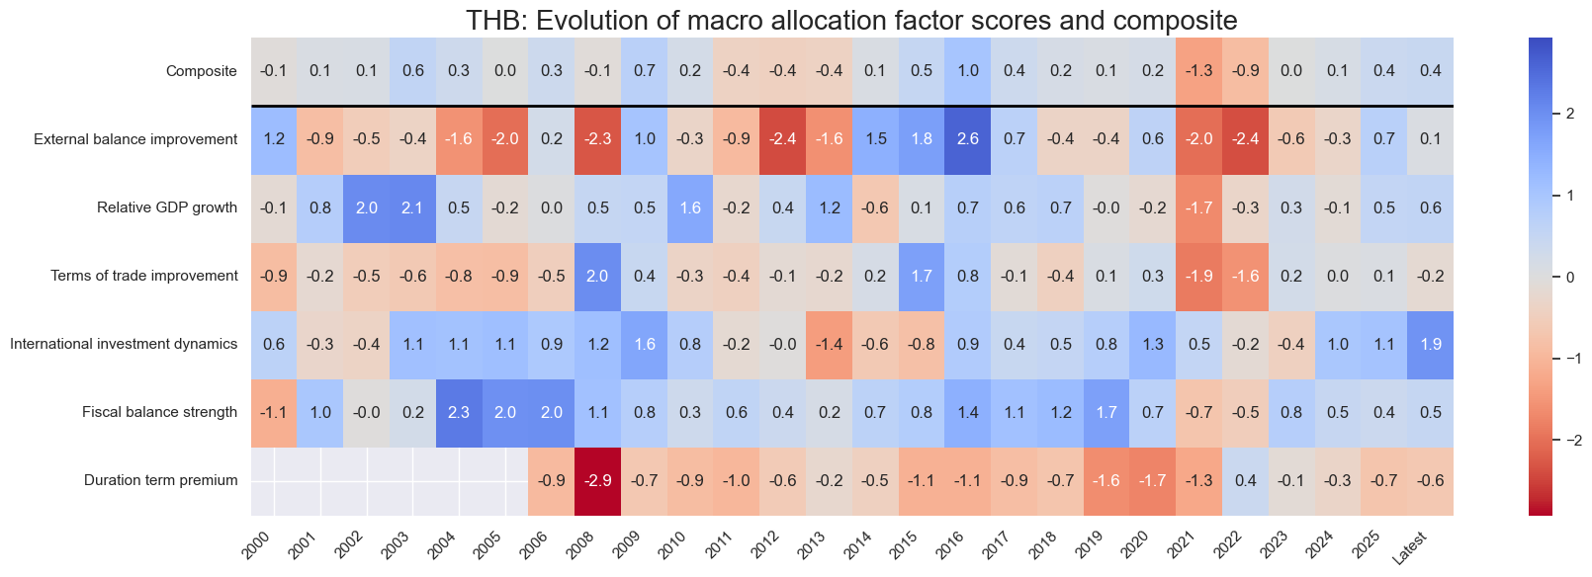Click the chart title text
pos(851,20)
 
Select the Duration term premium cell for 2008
pos(597,481)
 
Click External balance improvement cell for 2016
pos(967,139)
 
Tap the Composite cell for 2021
pos(1198,71)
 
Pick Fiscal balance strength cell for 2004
pos(459,413)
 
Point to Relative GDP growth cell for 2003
pos(412,207)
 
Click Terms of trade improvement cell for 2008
pos(597,276)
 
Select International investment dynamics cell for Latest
pos(1430,345)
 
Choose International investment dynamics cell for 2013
pos(829,345)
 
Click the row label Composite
pos(202,71)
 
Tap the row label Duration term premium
pos(160,481)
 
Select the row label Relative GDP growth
pos(167,207)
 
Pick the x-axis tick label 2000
pos(256,544)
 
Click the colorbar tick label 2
pos(1570,114)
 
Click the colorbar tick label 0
pos(1570,278)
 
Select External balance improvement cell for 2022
pos(1245,139)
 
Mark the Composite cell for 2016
pos(967,71)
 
